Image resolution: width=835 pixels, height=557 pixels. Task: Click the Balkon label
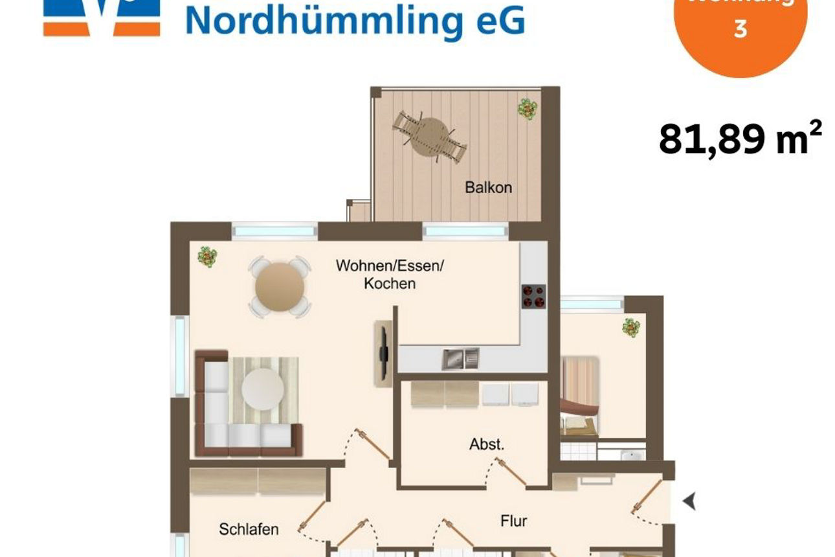pyautogui.click(x=488, y=188)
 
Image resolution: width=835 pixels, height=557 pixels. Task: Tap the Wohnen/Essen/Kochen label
pyautogui.click(x=390, y=275)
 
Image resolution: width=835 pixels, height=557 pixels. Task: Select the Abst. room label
pyautogui.click(x=487, y=445)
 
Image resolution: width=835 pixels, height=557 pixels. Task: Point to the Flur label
pyautogui.click(x=513, y=520)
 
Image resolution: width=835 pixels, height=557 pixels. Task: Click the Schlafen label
pyautogui.click(x=249, y=529)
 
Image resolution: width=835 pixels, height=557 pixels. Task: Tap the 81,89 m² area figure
pyautogui.click(x=740, y=139)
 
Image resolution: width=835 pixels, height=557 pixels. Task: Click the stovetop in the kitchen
pyautogui.click(x=533, y=296)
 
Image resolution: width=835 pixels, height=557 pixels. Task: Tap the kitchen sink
pyautogui.click(x=460, y=358)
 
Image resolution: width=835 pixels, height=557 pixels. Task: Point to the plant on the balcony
pyautogui.click(x=528, y=108)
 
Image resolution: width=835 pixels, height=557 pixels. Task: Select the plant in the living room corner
pyautogui.click(x=207, y=257)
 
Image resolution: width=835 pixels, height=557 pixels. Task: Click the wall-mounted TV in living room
pyautogui.click(x=384, y=353)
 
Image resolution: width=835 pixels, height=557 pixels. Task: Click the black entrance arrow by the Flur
pyautogui.click(x=689, y=501)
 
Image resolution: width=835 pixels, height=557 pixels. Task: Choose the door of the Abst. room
pyautogui.click(x=511, y=471)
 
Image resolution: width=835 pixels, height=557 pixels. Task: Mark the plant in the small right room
pyautogui.click(x=630, y=328)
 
